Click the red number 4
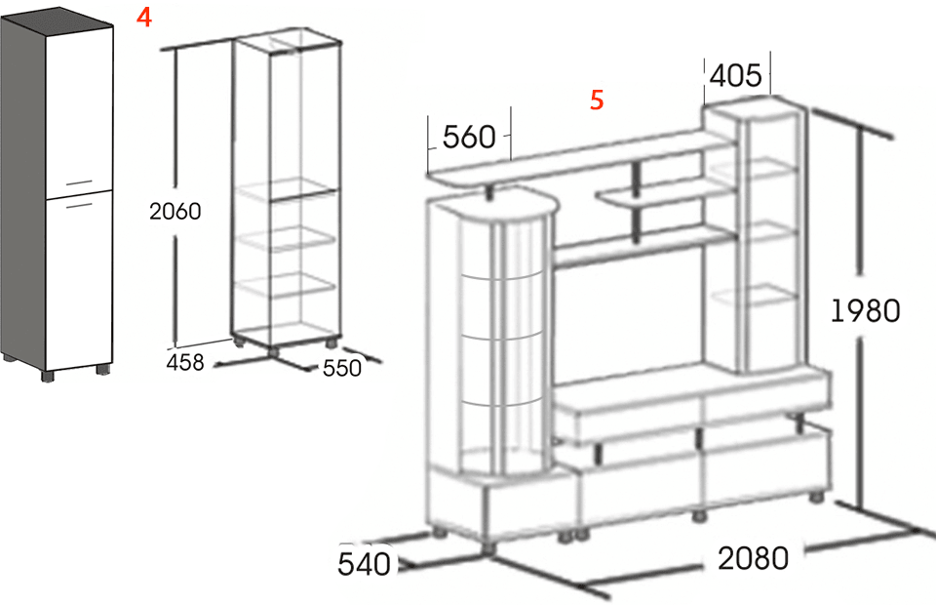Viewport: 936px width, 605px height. pyautogui.click(x=144, y=18)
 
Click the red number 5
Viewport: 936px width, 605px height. pyautogui.click(x=597, y=100)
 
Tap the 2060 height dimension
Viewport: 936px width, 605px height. pyautogui.click(x=175, y=211)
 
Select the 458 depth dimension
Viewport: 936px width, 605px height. pyautogui.click(x=185, y=362)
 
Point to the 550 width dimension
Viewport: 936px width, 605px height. pyautogui.click(x=342, y=368)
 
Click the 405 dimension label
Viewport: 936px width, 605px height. pyautogui.click(x=735, y=75)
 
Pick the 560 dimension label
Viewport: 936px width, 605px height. pyautogui.click(x=469, y=137)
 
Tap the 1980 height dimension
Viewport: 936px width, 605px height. pyautogui.click(x=866, y=310)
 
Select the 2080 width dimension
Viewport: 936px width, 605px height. pyautogui.click(x=753, y=558)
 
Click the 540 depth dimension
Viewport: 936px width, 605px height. pyautogui.click(x=364, y=564)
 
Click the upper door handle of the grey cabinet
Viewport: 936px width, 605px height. pyautogui.click(x=79, y=182)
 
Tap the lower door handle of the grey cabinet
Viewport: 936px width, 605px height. pyautogui.click(x=79, y=206)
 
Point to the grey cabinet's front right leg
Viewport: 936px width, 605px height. pyautogui.click(x=103, y=369)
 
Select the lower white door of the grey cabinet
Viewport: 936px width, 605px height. pyautogui.click(x=79, y=281)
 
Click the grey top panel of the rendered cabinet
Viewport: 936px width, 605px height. pyautogui.click(x=57, y=20)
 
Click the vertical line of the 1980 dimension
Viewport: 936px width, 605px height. pyautogui.click(x=860, y=316)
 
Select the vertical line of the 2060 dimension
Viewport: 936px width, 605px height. pyautogui.click(x=175, y=197)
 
